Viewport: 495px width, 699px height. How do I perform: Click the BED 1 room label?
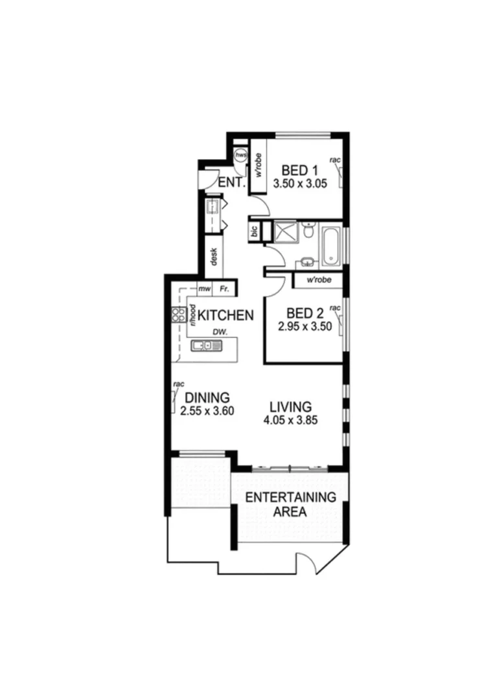point(299,171)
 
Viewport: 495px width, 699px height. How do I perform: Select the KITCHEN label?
point(225,316)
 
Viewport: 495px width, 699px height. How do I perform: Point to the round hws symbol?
point(240,155)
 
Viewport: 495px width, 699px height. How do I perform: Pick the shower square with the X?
point(284,232)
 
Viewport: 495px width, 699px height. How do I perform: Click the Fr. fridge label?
point(225,289)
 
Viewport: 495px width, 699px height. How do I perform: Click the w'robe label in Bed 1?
point(259,166)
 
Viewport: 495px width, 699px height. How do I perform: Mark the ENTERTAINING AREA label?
point(290,504)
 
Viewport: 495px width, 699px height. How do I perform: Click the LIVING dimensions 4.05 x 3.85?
point(290,419)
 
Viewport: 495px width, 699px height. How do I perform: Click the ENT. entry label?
point(231,183)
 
